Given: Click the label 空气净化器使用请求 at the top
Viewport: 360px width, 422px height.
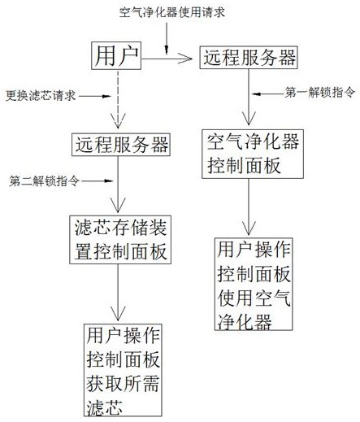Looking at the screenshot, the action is click(x=172, y=12).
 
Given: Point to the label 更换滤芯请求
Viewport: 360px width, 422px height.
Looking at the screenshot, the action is click(x=41, y=96).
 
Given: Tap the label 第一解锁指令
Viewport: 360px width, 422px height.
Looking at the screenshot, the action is click(x=319, y=93).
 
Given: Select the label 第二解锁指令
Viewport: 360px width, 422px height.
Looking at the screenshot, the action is click(x=44, y=181).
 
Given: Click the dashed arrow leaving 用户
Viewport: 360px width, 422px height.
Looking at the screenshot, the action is click(x=118, y=99).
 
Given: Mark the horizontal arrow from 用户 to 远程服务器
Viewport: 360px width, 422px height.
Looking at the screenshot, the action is click(x=167, y=59).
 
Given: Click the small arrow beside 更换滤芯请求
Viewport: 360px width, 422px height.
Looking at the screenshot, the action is click(x=94, y=96).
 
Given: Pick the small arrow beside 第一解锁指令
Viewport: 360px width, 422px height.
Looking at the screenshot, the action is click(x=268, y=94).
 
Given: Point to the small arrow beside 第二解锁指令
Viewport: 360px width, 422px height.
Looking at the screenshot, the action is click(x=98, y=181).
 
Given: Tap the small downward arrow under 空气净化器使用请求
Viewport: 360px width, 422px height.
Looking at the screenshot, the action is click(x=167, y=38).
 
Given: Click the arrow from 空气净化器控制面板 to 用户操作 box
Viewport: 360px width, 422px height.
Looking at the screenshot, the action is click(x=249, y=207).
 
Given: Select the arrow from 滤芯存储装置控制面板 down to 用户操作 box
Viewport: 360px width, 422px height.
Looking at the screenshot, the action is click(x=118, y=293).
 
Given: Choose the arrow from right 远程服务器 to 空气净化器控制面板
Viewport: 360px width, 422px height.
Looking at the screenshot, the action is click(x=249, y=97).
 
